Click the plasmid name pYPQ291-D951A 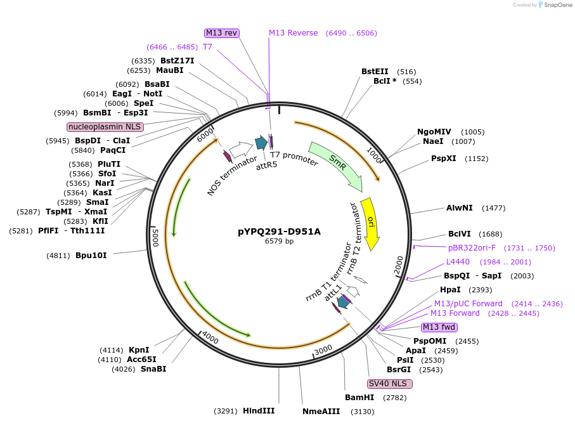(279, 231)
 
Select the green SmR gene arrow (337, 164)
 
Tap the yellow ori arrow (369, 223)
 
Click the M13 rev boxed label (221, 33)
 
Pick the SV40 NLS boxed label (390, 384)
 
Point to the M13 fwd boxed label (439, 327)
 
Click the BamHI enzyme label (359, 398)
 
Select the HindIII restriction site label (259, 410)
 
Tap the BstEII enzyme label (375, 72)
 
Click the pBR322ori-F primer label (472, 248)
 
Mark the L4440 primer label (458, 262)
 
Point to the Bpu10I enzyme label (91, 256)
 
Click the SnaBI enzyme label (153, 369)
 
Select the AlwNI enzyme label (459, 208)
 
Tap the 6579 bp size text (279, 242)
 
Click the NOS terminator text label (232, 175)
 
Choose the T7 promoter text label (294, 158)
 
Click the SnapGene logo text (555, 5)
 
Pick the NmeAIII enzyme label (321, 411)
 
